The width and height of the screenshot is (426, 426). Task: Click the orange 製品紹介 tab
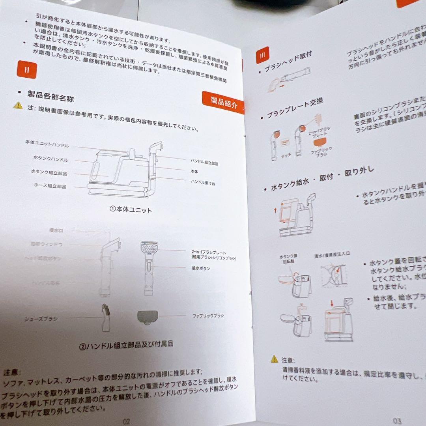click(x=223, y=103)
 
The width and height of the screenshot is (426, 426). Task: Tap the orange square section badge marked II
click(x=27, y=70)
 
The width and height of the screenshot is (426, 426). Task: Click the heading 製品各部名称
click(x=50, y=95)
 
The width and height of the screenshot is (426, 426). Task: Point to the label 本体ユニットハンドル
click(x=47, y=144)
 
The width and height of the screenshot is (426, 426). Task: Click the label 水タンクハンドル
click(x=50, y=159)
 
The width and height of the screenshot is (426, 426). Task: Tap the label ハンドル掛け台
click(x=203, y=183)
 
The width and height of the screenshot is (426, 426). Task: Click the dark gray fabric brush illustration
click(x=148, y=317)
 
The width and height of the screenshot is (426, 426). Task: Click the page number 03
click(x=397, y=421)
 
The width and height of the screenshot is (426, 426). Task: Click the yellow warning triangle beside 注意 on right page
click(x=274, y=359)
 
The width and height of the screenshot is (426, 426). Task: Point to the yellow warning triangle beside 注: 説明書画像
click(x=18, y=105)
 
